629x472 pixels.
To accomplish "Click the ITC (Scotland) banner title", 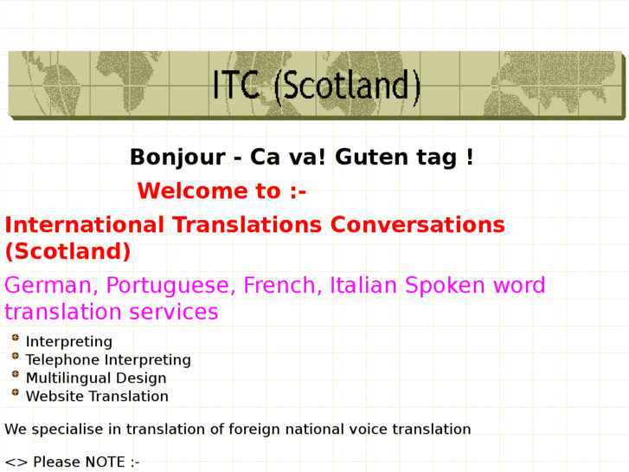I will pyautogui.click(x=317, y=86).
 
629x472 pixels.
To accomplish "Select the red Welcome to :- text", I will pyautogui.click(x=221, y=191).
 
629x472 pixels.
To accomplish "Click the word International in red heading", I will pyautogui.click(x=84, y=225).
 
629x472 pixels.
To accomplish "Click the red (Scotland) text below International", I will pyautogui.click(x=67, y=252).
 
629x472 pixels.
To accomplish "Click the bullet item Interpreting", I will pyautogui.click(x=69, y=342).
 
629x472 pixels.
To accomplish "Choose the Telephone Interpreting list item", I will pyautogui.click(x=108, y=360).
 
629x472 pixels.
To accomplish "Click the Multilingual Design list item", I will pyautogui.click(x=96, y=378).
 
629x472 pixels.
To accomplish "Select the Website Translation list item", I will pyautogui.click(x=97, y=397).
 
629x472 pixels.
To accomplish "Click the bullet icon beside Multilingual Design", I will pyautogui.click(x=16, y=375).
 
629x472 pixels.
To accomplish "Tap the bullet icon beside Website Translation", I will pyautogui.click(x=16, y=393).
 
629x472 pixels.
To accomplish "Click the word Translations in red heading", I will pyautogui.click(x=246, y=225).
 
